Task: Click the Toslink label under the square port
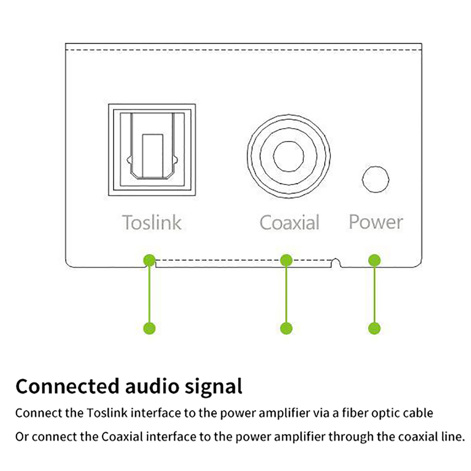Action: click(x=152, y=223)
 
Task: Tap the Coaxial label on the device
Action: click(x=289, y=223)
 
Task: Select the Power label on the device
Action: click(x=376, y=222)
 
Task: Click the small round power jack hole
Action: click(x=375, y=179)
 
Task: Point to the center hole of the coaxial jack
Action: click(x=288, y=156)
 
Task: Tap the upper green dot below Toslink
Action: click(x=149, y=260)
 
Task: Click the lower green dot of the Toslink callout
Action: click(x=149, y=328)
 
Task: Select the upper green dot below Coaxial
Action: click(x=286, y=260)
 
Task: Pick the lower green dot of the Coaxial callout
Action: click(x=286, y=328)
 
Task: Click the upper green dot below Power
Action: click(x=374, y=260)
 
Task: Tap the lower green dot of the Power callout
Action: click(x=374, y=328)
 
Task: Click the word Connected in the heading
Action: click(x=67, y=387)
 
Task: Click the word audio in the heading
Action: click(x=152, y=387)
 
